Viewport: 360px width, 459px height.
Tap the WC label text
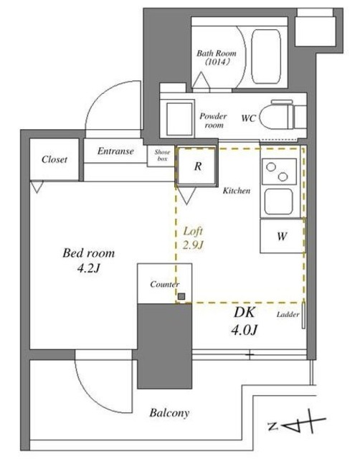[x=249, y=118]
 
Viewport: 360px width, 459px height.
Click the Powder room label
[x=212, y=120]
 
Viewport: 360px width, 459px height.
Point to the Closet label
[x=55, y=159]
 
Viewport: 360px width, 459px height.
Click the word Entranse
[x=115, y=151]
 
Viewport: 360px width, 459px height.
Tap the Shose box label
[x=161, y=155]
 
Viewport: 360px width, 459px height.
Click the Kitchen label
[x=236, y=191]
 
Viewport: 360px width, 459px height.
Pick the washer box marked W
[x=281, y=236]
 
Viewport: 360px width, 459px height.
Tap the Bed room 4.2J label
[x=88, y=261]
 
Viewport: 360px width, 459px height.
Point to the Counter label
[x=165, y=285]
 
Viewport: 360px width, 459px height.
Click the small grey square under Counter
[x=182, y=296]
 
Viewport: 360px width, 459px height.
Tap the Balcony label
[x=169, y=413]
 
